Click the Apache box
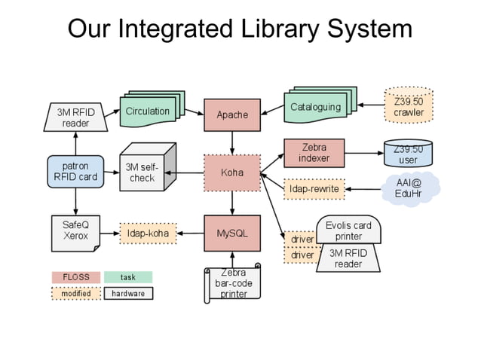tap(231, 114)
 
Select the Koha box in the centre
tap(231, 173)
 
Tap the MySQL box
tap(231, 233)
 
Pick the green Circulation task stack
tap(148, 112)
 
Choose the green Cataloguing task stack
tap(314, 108)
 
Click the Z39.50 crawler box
tap(408, 107)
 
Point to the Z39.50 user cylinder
tap(408, 154)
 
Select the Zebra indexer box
tap(314, 153)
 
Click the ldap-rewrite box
tap(314, 188)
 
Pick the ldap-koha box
tap(148, 233)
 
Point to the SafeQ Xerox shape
tap(75, 230)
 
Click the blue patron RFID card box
tap(75, 172)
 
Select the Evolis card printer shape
tap(348, 230)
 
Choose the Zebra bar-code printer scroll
tap(233, 283)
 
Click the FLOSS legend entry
tap(75, 277)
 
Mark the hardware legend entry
tap(128, 293)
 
